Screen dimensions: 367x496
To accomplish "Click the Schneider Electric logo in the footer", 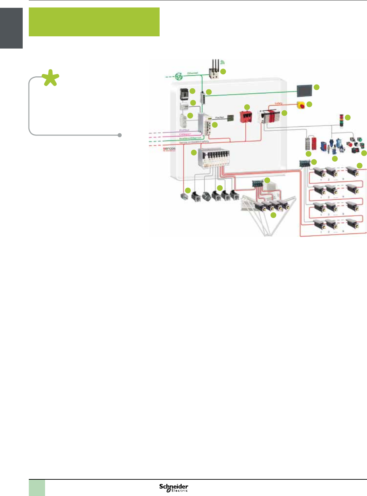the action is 174,488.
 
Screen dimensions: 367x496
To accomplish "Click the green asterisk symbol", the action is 50,78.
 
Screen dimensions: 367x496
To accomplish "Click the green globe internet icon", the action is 179,77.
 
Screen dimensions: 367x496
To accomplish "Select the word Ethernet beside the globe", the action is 192,73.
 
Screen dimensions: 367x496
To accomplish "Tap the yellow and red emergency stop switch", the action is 301,105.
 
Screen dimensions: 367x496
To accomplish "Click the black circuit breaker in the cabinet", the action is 184,94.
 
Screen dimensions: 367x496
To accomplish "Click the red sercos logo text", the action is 169,149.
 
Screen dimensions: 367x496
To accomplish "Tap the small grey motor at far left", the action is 184,197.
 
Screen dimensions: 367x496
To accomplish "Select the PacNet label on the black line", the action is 220,117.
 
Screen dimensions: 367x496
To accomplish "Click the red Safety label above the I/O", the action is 278,103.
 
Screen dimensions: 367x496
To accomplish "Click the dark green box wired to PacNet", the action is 230,118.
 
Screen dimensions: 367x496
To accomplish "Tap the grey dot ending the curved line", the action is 120,135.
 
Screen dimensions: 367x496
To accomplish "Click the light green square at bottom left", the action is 37,488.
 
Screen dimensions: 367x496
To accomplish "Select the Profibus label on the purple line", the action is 184,130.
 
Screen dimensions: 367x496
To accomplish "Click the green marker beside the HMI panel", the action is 317,87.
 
